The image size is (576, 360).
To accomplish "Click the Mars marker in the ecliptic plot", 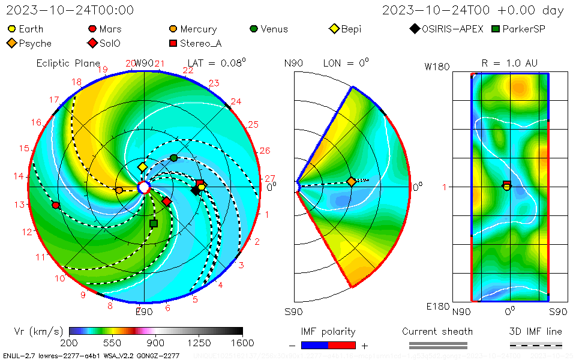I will click(56, 205).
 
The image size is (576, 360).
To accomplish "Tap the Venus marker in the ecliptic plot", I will click(174, 158).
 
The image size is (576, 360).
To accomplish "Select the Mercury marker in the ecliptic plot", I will click(119, 190).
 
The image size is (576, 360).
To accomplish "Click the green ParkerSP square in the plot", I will click(154, 223).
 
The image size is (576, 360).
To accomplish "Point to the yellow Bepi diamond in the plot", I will click(143, 167).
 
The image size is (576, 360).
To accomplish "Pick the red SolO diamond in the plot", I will click(167, 201).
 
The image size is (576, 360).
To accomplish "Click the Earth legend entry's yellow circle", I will click(12, 29).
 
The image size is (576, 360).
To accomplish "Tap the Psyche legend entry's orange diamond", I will click(12, 43).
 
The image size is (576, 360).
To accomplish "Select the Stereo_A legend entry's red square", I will click(173, 43).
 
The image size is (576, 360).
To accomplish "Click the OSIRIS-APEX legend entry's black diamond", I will click(415, 29).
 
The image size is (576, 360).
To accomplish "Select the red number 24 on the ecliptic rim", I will click(236, 102).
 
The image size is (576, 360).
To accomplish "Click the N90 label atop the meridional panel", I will click(294, 63).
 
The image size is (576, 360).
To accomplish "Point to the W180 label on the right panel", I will click(437, 67).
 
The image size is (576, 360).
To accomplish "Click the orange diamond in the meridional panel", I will click(351, 181).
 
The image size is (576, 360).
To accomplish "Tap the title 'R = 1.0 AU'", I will click(509, 63).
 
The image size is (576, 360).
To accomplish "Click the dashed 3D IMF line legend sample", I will click(536, 345).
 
